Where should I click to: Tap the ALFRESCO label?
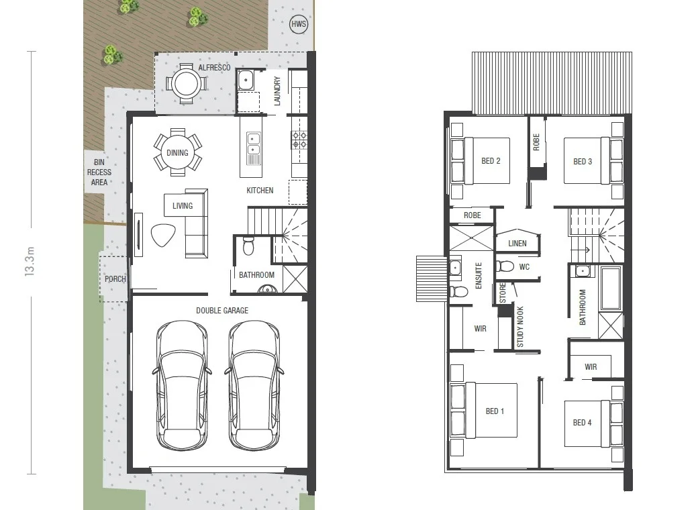[214, 68]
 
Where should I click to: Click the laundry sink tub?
[246, 80]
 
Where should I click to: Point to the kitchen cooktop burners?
[299, 140]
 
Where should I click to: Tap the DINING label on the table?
[177, 153]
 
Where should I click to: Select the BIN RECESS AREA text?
[99, 172]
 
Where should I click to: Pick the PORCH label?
[115, 278]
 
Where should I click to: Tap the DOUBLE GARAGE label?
[221, 311]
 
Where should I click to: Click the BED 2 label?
[491, 161]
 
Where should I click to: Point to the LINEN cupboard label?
[517, 244]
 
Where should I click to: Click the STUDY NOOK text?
[519, 327]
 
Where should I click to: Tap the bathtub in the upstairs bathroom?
[610, 289]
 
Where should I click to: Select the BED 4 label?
[582, 423]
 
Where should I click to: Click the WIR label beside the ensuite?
[480, 329]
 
